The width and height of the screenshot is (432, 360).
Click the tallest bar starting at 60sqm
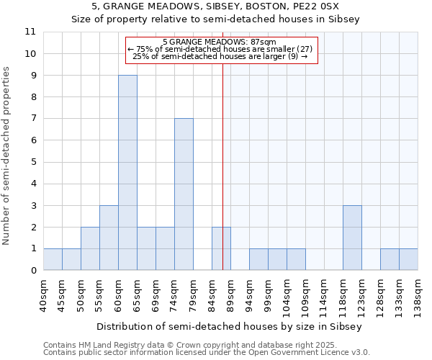pos(127,173)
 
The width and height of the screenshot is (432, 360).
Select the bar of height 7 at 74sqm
pos(184,194)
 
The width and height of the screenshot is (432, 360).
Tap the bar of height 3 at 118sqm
pos(352,238)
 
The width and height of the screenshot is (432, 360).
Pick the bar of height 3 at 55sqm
pos(109,238)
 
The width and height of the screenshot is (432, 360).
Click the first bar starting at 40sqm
pos(53,259)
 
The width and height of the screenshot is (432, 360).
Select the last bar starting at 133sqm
pos(408,259)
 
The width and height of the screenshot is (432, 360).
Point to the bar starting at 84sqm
pos(221,248)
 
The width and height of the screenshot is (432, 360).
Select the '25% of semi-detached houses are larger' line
pos(220,55)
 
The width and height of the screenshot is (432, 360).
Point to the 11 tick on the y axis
pos(30,32)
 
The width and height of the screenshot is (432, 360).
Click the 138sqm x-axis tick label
pos(418,295)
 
